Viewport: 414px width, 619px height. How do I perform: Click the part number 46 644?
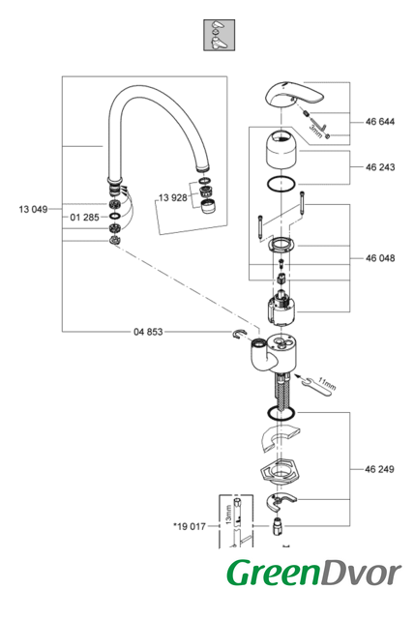pos(380,122)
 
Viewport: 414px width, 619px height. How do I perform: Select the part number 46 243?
pos(380,167)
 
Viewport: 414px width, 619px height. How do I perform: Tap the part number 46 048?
pos(380,258)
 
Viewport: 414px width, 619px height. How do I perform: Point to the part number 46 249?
pos(379,469)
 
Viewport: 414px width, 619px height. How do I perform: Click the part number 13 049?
pos(33,209)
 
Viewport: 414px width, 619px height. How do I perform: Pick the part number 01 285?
pos(84,217)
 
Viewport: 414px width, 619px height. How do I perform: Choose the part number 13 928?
pos(173,197)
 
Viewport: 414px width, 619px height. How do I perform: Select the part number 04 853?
pos(148,332)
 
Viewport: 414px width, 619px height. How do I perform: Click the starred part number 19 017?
pos(190,526)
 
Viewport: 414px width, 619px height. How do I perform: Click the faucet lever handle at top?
pos(294,95)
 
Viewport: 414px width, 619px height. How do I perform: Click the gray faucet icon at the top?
pos(219,35)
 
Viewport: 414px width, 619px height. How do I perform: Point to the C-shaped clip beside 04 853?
pos(238,335)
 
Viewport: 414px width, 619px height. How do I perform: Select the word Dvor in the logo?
pos(361,574)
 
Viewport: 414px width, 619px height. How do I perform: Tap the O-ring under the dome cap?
pos(281,185)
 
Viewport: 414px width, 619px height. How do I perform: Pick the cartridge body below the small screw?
pos(281,308)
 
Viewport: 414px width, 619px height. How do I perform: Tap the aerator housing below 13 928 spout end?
pos(205,207)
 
